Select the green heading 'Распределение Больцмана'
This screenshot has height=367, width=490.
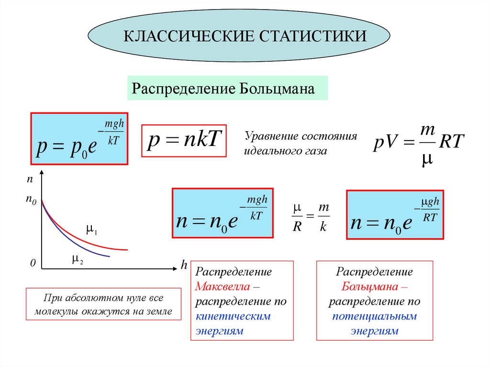pos(227,89)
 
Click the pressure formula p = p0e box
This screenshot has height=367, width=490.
pos(79,139)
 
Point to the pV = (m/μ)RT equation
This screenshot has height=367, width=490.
pos(419,143)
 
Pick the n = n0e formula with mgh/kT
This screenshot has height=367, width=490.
pos(223,213)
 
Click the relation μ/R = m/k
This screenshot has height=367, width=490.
pos(311,217)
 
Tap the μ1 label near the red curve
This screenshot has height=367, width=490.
pos(91,230)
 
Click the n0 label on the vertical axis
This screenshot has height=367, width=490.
pos(31,201)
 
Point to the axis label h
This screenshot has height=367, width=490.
pos(184,265)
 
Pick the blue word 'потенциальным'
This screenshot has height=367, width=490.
pos(375,316)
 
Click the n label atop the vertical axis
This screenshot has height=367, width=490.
pos(30,179)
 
